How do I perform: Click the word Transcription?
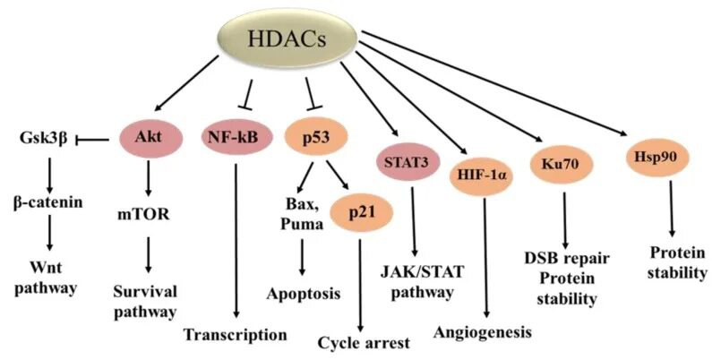235,335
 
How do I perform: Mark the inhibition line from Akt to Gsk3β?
98,139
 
